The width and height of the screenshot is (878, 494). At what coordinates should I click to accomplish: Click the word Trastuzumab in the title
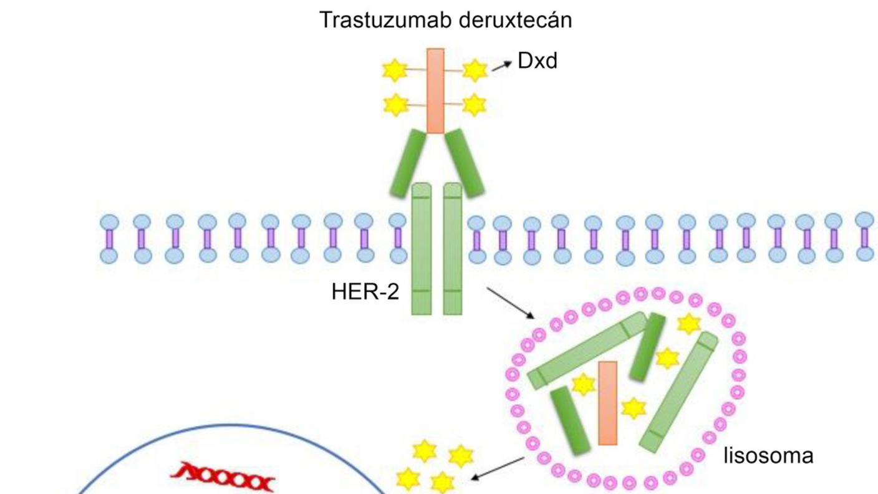[386, 21]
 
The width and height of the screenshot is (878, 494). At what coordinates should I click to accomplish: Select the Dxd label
[537, 61]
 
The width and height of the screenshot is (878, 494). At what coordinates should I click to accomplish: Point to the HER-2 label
[365, 293]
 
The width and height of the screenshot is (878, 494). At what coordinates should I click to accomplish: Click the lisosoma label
[768, 456]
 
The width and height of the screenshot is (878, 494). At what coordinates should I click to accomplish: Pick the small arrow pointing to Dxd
[501, 65]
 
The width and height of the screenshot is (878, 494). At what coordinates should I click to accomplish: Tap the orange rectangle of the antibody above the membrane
[435, 90]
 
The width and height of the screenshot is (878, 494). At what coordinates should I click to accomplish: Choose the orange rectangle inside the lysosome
[607, 403]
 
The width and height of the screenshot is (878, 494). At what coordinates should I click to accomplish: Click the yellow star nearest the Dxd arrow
[475, 70]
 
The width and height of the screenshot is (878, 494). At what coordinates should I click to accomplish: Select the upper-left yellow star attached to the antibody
[395, 70]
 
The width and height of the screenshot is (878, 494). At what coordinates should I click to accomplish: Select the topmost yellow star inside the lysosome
[688, 323]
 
